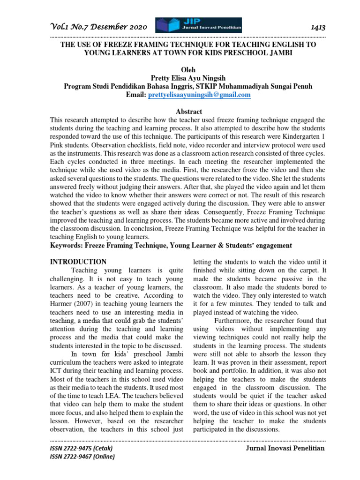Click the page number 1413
point(317,28)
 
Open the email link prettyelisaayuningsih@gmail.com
point(199,95)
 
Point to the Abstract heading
point(188,112)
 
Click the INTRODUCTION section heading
point(78,262)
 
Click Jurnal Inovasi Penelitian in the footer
point(285,449)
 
